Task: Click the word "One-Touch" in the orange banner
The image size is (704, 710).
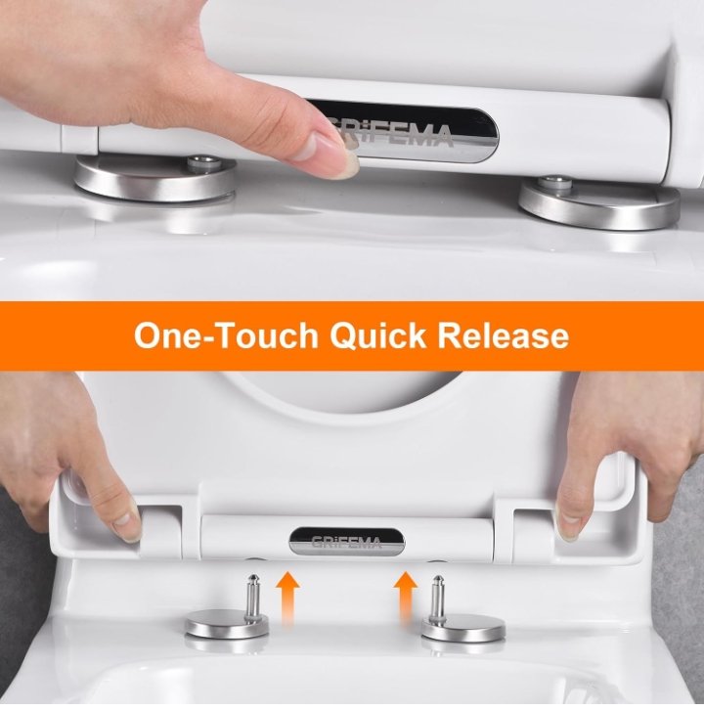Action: [x=226, y=335]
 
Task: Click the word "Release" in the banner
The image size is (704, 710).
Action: [x=503, y=335]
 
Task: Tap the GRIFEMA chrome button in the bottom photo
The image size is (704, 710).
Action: [x=347, y=541]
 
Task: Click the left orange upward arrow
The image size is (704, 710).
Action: [x=287, y=599]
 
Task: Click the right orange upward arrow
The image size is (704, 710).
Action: [x=406, y=599]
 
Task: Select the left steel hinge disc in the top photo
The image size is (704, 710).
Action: [x=155, y=178]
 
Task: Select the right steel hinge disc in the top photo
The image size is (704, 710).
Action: [x=599, y=202]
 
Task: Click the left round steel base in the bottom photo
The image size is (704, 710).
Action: [x=227, y=624]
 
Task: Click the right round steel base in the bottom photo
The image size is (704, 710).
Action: [x=464, y=628]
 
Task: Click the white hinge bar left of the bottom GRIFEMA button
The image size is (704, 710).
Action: [x=244, y=539]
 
